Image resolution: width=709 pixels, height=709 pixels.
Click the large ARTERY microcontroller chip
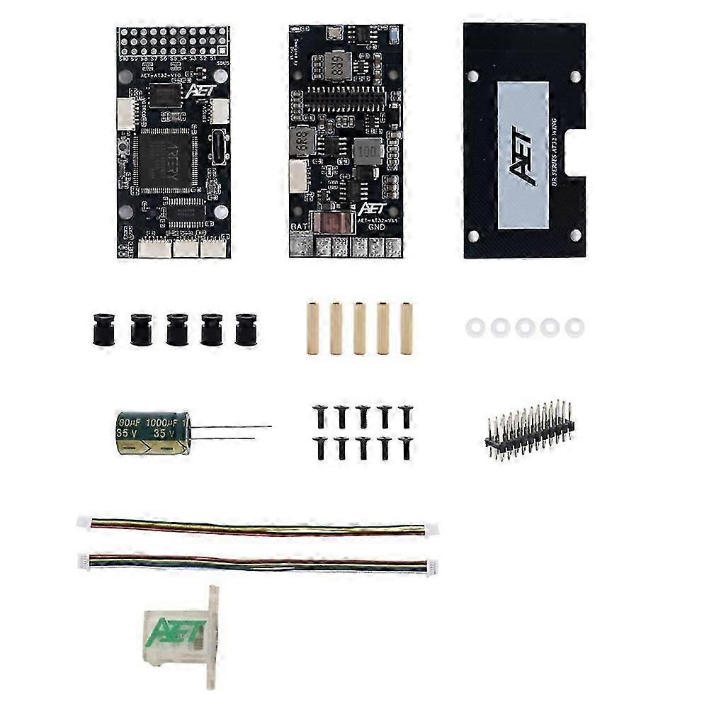[x=165, y=161]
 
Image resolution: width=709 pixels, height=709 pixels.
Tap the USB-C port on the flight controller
[x=217, y=146]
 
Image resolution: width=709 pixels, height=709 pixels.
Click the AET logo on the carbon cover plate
[x=523, y=155]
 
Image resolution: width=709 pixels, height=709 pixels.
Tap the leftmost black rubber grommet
[x=103, y=329]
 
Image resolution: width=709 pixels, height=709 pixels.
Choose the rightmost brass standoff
[x=407, y=329]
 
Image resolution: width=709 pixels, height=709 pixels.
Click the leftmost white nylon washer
[x=474, y=327]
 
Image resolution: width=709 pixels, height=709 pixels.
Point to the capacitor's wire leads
[x=230, y=432]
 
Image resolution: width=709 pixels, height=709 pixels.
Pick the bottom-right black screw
[x=406, y=447]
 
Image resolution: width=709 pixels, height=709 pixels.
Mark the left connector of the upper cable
[x=84, y=522]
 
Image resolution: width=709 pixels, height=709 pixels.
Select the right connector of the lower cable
[x=431, y=565]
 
